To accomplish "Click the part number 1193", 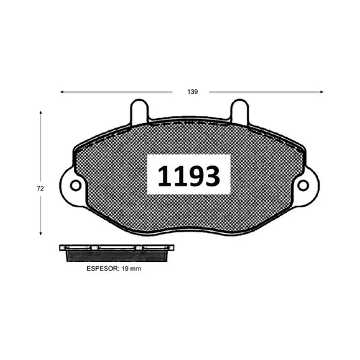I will click(x=188, y=176).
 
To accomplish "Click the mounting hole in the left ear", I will click(x=76, y=184).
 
